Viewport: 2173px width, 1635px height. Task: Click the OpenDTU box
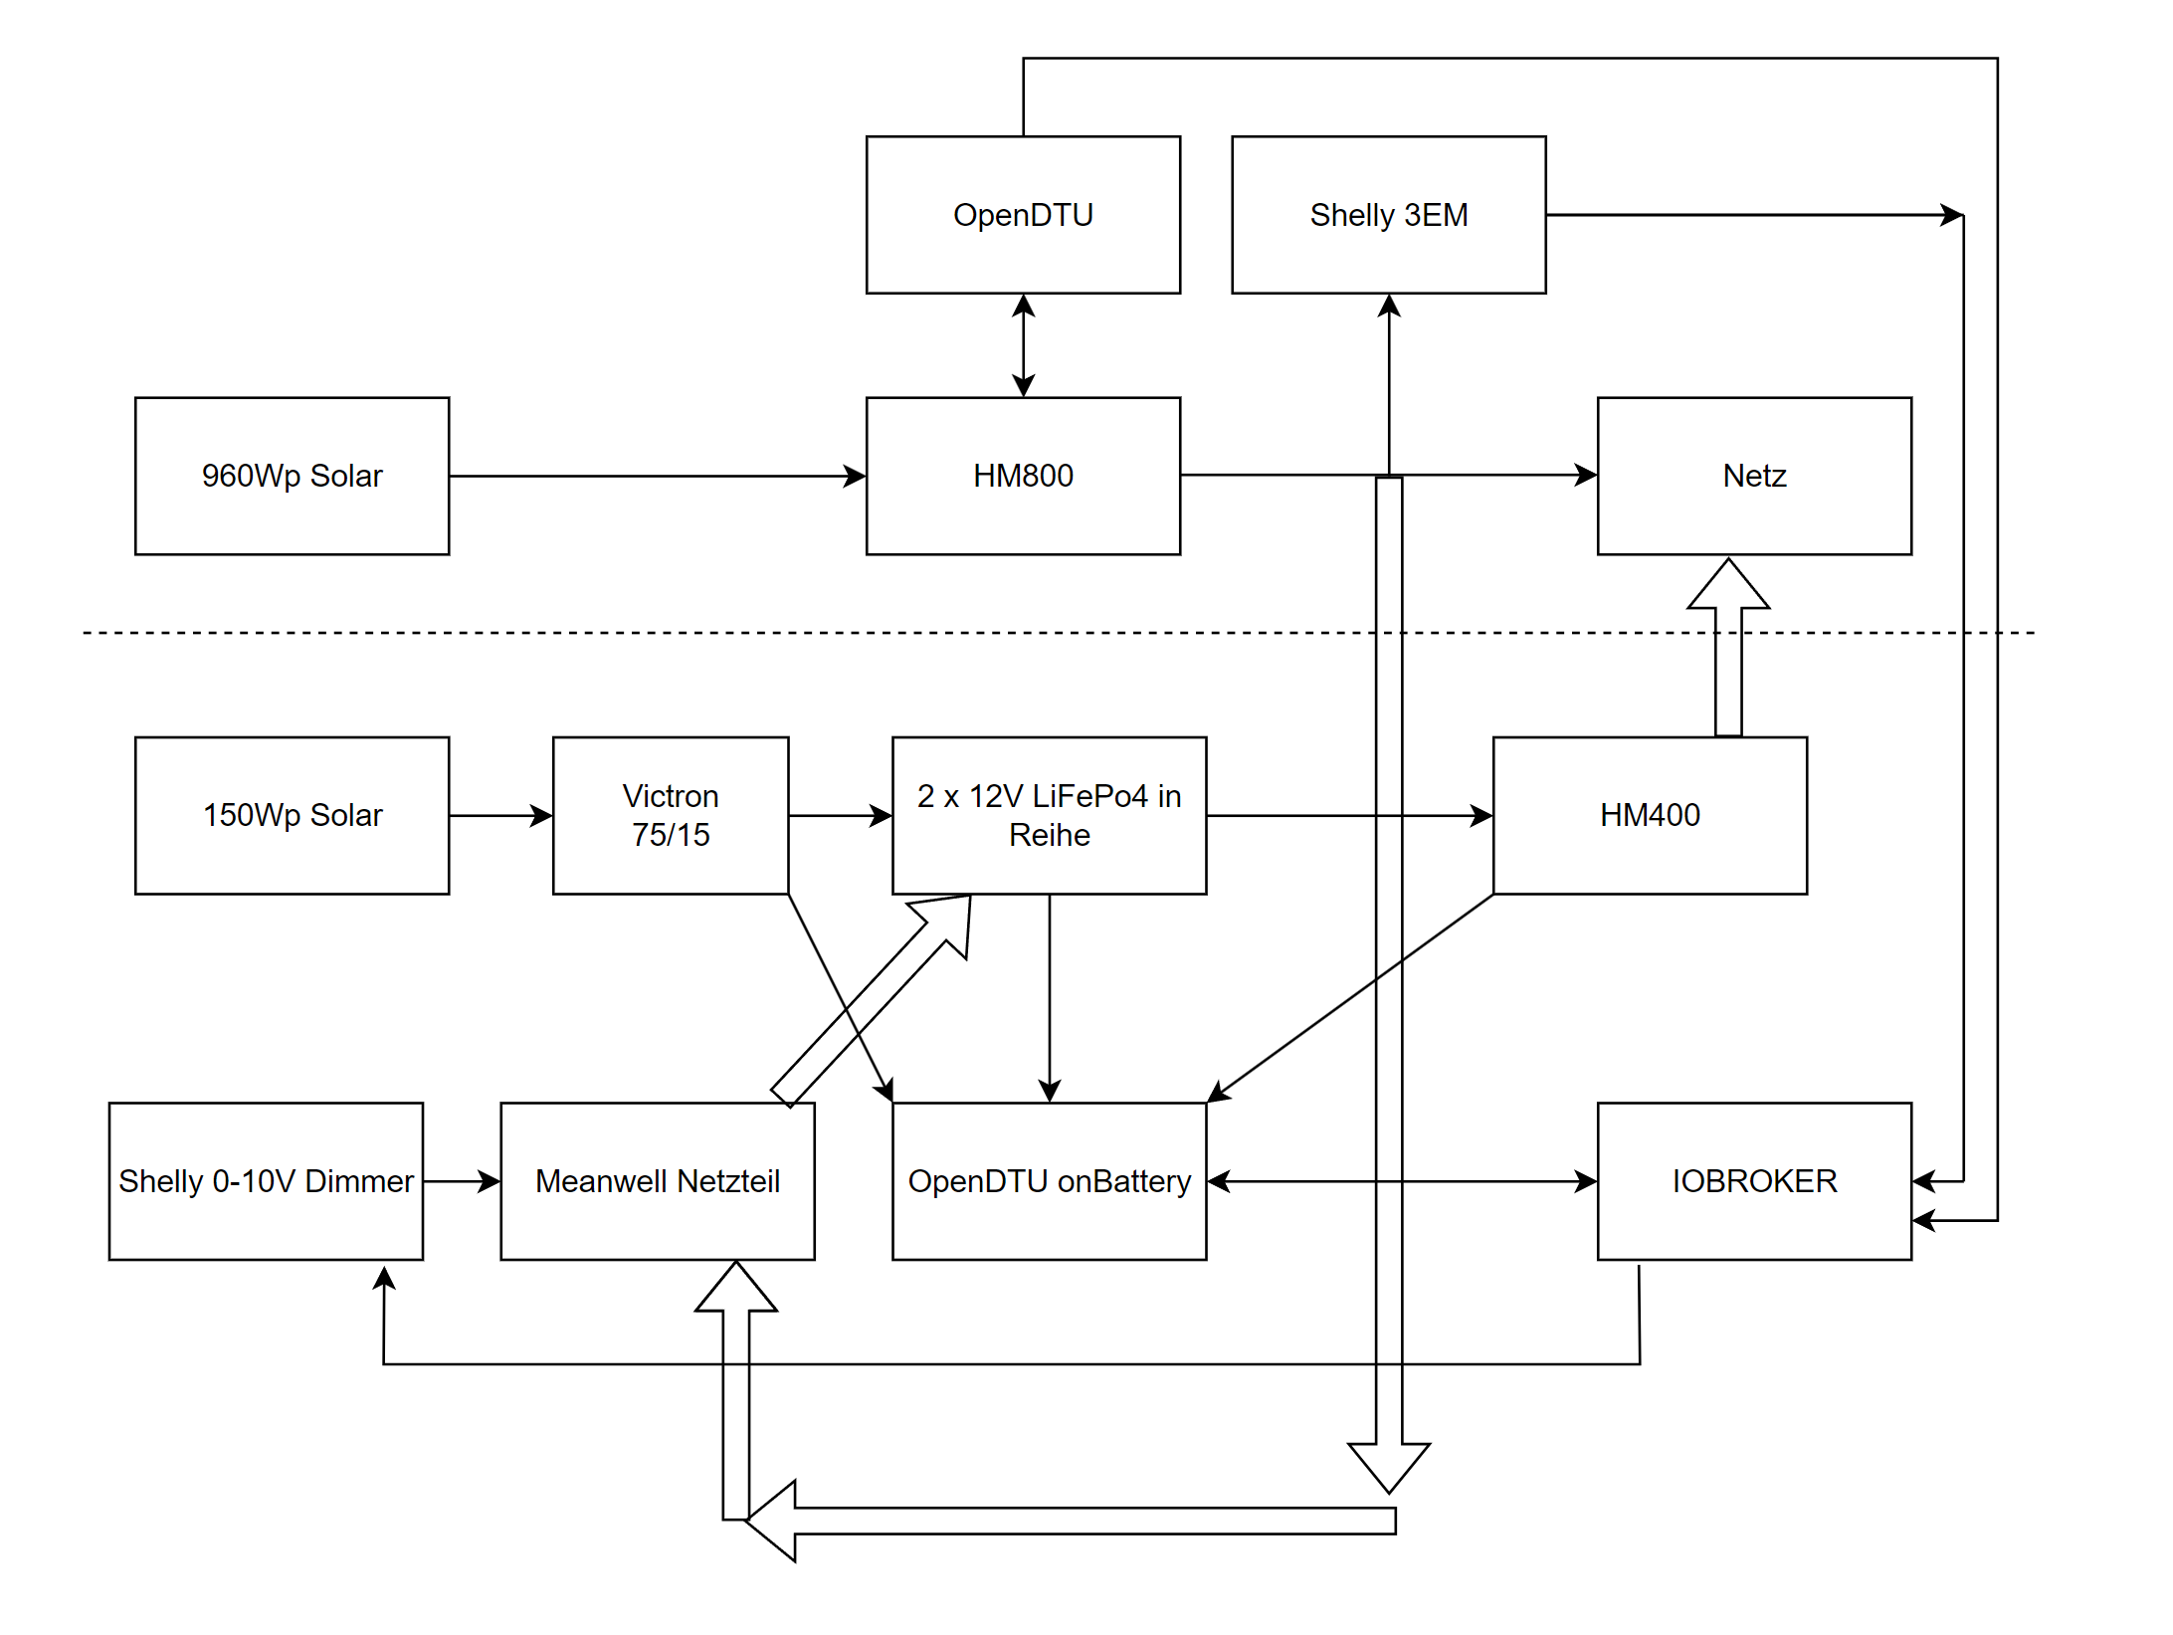pyautogui.click(x=1023, y=215)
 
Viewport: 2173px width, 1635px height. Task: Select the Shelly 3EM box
pyautogui.click(x=1388, y=215)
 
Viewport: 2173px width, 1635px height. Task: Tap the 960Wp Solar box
pyautogui.click(x=292, y=476)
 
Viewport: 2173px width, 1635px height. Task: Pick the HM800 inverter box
pyautogui.click(x=1023, y=476)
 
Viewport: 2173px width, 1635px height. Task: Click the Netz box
pyautogui.click(x=1753, y=476)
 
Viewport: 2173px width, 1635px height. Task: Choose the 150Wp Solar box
pyautogui.click(x=292, y=815)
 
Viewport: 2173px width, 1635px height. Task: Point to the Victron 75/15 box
pyautogui.click(x=670, y=815)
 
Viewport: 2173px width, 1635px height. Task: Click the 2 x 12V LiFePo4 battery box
pyautogui.click(x=1049, y=815)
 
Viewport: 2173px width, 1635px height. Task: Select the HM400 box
pyautogui.click(x=1649, y=815)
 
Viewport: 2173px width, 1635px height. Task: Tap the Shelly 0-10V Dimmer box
pyautogui.click(x=266, y=1180)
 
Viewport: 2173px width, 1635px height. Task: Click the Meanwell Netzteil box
pyautogui.click(x=657, y=1180)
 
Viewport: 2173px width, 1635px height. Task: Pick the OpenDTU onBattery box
pyautogui.click(x=1049, y=1180)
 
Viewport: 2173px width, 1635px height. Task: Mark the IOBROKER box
pyautogui.click(x=1753, y=1180)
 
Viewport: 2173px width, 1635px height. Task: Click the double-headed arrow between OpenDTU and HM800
pyautogui.click(x=1023, y=345)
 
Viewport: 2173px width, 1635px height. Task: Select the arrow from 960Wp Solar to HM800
pyautogui.click(x=657, y=476)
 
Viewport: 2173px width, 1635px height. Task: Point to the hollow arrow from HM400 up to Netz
pyautogui.click(x=1728, y=657)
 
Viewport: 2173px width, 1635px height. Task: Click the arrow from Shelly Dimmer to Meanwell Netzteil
pyautogui.click(x=461, y=1181)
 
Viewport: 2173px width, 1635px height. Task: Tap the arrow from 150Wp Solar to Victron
pyautogui.click(x=499, y=816)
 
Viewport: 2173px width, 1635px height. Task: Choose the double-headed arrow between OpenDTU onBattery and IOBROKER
pyautogui.click(x=1293, y=1181)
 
